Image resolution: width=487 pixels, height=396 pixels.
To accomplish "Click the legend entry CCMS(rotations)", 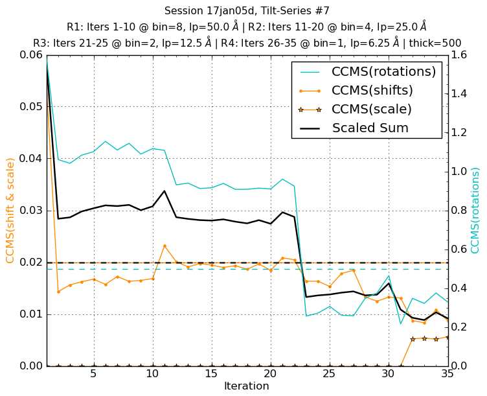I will coord(383,72).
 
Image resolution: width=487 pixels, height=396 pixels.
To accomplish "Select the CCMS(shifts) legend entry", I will coord(372,91).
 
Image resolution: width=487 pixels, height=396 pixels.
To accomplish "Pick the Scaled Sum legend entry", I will coord(370,128).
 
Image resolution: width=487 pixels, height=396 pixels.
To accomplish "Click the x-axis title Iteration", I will coord(246,386).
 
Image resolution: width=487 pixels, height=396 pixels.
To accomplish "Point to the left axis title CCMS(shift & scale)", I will coord(10,211).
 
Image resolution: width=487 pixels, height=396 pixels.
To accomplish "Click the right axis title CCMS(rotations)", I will coord(475,211).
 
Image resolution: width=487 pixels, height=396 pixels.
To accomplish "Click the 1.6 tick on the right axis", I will coord(461,55).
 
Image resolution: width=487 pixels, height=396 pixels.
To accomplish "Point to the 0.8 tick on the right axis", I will coord(461,211).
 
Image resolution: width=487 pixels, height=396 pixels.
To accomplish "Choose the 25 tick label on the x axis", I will coord(330,375).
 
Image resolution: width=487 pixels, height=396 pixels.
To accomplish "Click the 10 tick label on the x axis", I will coord(152,375).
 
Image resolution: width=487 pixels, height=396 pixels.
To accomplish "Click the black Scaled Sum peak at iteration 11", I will coord(164,191).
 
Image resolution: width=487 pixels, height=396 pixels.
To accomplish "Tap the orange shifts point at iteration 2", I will coord(58,292).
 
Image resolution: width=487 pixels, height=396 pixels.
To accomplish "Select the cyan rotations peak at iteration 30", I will coord(389,275).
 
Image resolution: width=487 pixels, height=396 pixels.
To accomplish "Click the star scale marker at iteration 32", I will coord(413,339).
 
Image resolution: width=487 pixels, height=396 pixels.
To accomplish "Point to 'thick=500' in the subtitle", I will coord(434,43).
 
